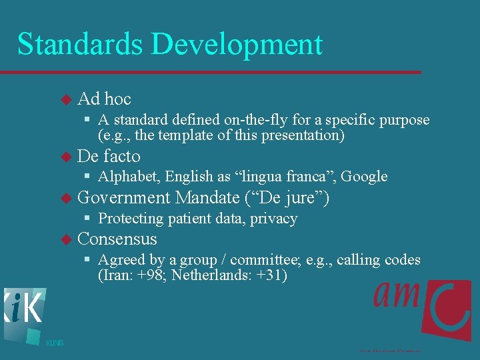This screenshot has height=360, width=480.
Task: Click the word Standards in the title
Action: (x=79, y=44)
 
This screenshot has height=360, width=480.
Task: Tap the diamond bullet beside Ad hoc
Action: (x=65, y=99)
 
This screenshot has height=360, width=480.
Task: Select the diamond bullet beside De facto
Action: (x=65, y=157)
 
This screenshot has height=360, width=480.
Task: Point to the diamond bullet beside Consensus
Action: (x=65, y=239)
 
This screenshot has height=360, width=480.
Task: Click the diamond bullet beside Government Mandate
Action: (x=65, y=198)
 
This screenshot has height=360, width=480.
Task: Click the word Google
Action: (x=365, y=177)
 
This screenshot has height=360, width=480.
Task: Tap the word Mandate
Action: (x=207, y=198)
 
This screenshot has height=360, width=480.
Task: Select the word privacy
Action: (x=274, y=219)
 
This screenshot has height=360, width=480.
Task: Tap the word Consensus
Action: (x=117, y=239)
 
